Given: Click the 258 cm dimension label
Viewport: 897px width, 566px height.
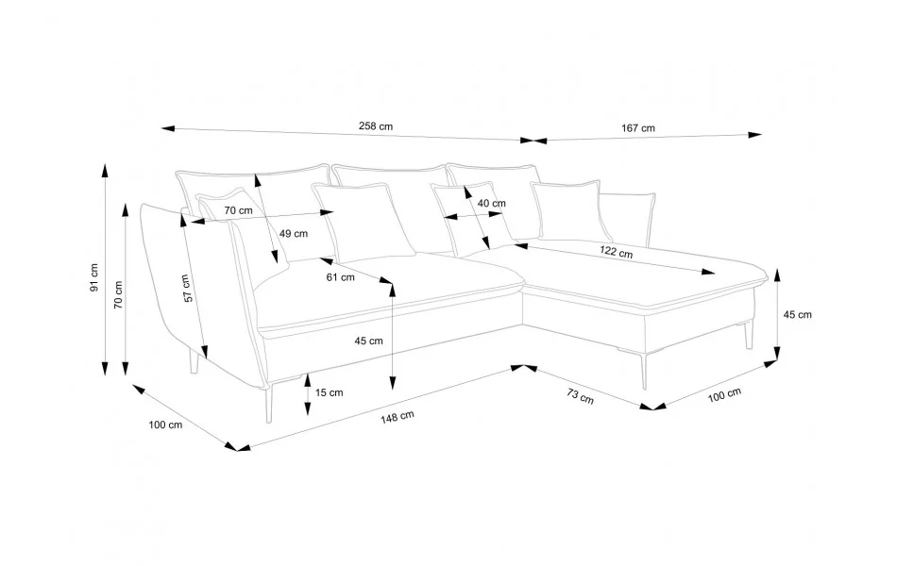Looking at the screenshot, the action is (x=376, y=126).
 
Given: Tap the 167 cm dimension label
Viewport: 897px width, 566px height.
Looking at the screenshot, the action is (x=638, y=128).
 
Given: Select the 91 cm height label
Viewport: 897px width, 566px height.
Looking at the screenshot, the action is (x=94, y=278).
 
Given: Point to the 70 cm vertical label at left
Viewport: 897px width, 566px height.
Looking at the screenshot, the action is (x=118, y=294).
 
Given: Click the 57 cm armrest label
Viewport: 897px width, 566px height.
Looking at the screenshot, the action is (x=187, y=289).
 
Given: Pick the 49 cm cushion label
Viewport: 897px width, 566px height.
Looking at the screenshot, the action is (x=294, y=233).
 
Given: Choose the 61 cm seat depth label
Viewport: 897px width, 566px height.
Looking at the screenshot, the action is (x=340, y=277).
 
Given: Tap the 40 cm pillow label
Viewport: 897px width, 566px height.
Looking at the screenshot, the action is (x=491, y=203).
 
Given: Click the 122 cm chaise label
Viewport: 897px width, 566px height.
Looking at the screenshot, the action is (x=617, y=252).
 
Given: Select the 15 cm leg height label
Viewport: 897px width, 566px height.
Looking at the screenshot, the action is (x=329, y=392).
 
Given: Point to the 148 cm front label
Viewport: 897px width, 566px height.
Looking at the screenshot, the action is (x=397, y=417).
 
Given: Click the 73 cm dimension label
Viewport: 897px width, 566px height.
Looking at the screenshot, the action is (x=580, y=395).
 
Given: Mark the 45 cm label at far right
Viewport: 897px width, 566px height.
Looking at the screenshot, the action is (x=797, y=314).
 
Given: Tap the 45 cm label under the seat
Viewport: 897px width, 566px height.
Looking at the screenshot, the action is (x=368, y=341).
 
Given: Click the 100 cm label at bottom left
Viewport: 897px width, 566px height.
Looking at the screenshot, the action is (x=165, y=424).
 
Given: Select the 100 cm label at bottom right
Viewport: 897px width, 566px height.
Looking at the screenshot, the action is (x=724, y=394).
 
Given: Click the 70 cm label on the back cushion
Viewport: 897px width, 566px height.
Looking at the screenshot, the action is (x=238, y=210).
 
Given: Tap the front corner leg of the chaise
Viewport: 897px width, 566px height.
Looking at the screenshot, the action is (x=644, y=371).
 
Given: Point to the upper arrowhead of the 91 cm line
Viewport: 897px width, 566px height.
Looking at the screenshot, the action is (x=105, y=171).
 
